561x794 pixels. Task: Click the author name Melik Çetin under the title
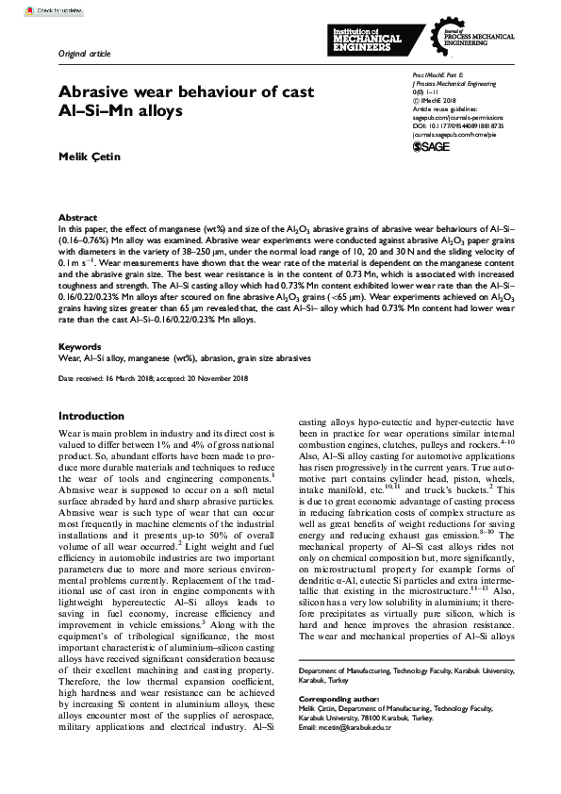click(88, 154)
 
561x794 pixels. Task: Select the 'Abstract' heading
click(77, 217)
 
